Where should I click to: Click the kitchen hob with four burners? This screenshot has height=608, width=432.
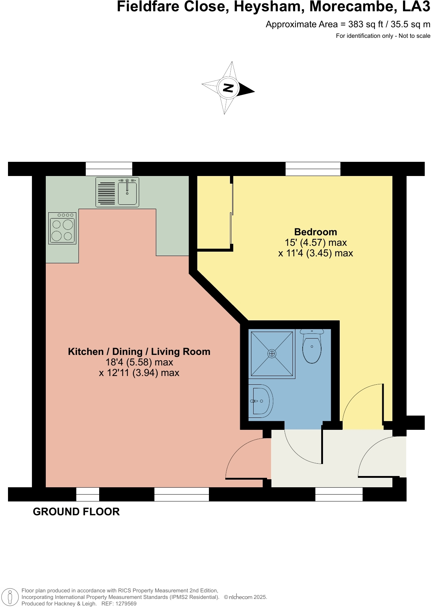tap(62, 228)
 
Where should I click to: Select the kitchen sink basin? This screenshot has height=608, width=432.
tap(127, 193)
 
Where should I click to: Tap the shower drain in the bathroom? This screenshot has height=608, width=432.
tap(272, 353)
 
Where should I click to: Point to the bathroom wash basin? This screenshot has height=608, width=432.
tap(261, 401)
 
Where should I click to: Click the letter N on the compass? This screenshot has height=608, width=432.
tap(228, 88)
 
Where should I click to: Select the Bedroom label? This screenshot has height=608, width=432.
tap(315, 232)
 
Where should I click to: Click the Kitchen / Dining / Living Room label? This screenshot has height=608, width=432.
tap(139, 352)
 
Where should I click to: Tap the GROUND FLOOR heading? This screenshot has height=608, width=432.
tap(76, 512)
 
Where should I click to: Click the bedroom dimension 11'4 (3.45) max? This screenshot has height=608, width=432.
tap(315, 253)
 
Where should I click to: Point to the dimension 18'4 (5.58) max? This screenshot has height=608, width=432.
tap(139, 362)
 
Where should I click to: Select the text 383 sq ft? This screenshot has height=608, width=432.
tap(366, 24)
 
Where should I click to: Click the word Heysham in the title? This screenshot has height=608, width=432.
tap(269, 7)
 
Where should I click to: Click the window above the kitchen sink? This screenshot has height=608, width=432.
tap(109, 169)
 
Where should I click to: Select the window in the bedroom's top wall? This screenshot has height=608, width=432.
tap(313, 169)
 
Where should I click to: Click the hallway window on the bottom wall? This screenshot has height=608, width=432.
tap(339, 494)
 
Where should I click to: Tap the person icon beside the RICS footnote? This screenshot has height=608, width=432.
tap(10, 597)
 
